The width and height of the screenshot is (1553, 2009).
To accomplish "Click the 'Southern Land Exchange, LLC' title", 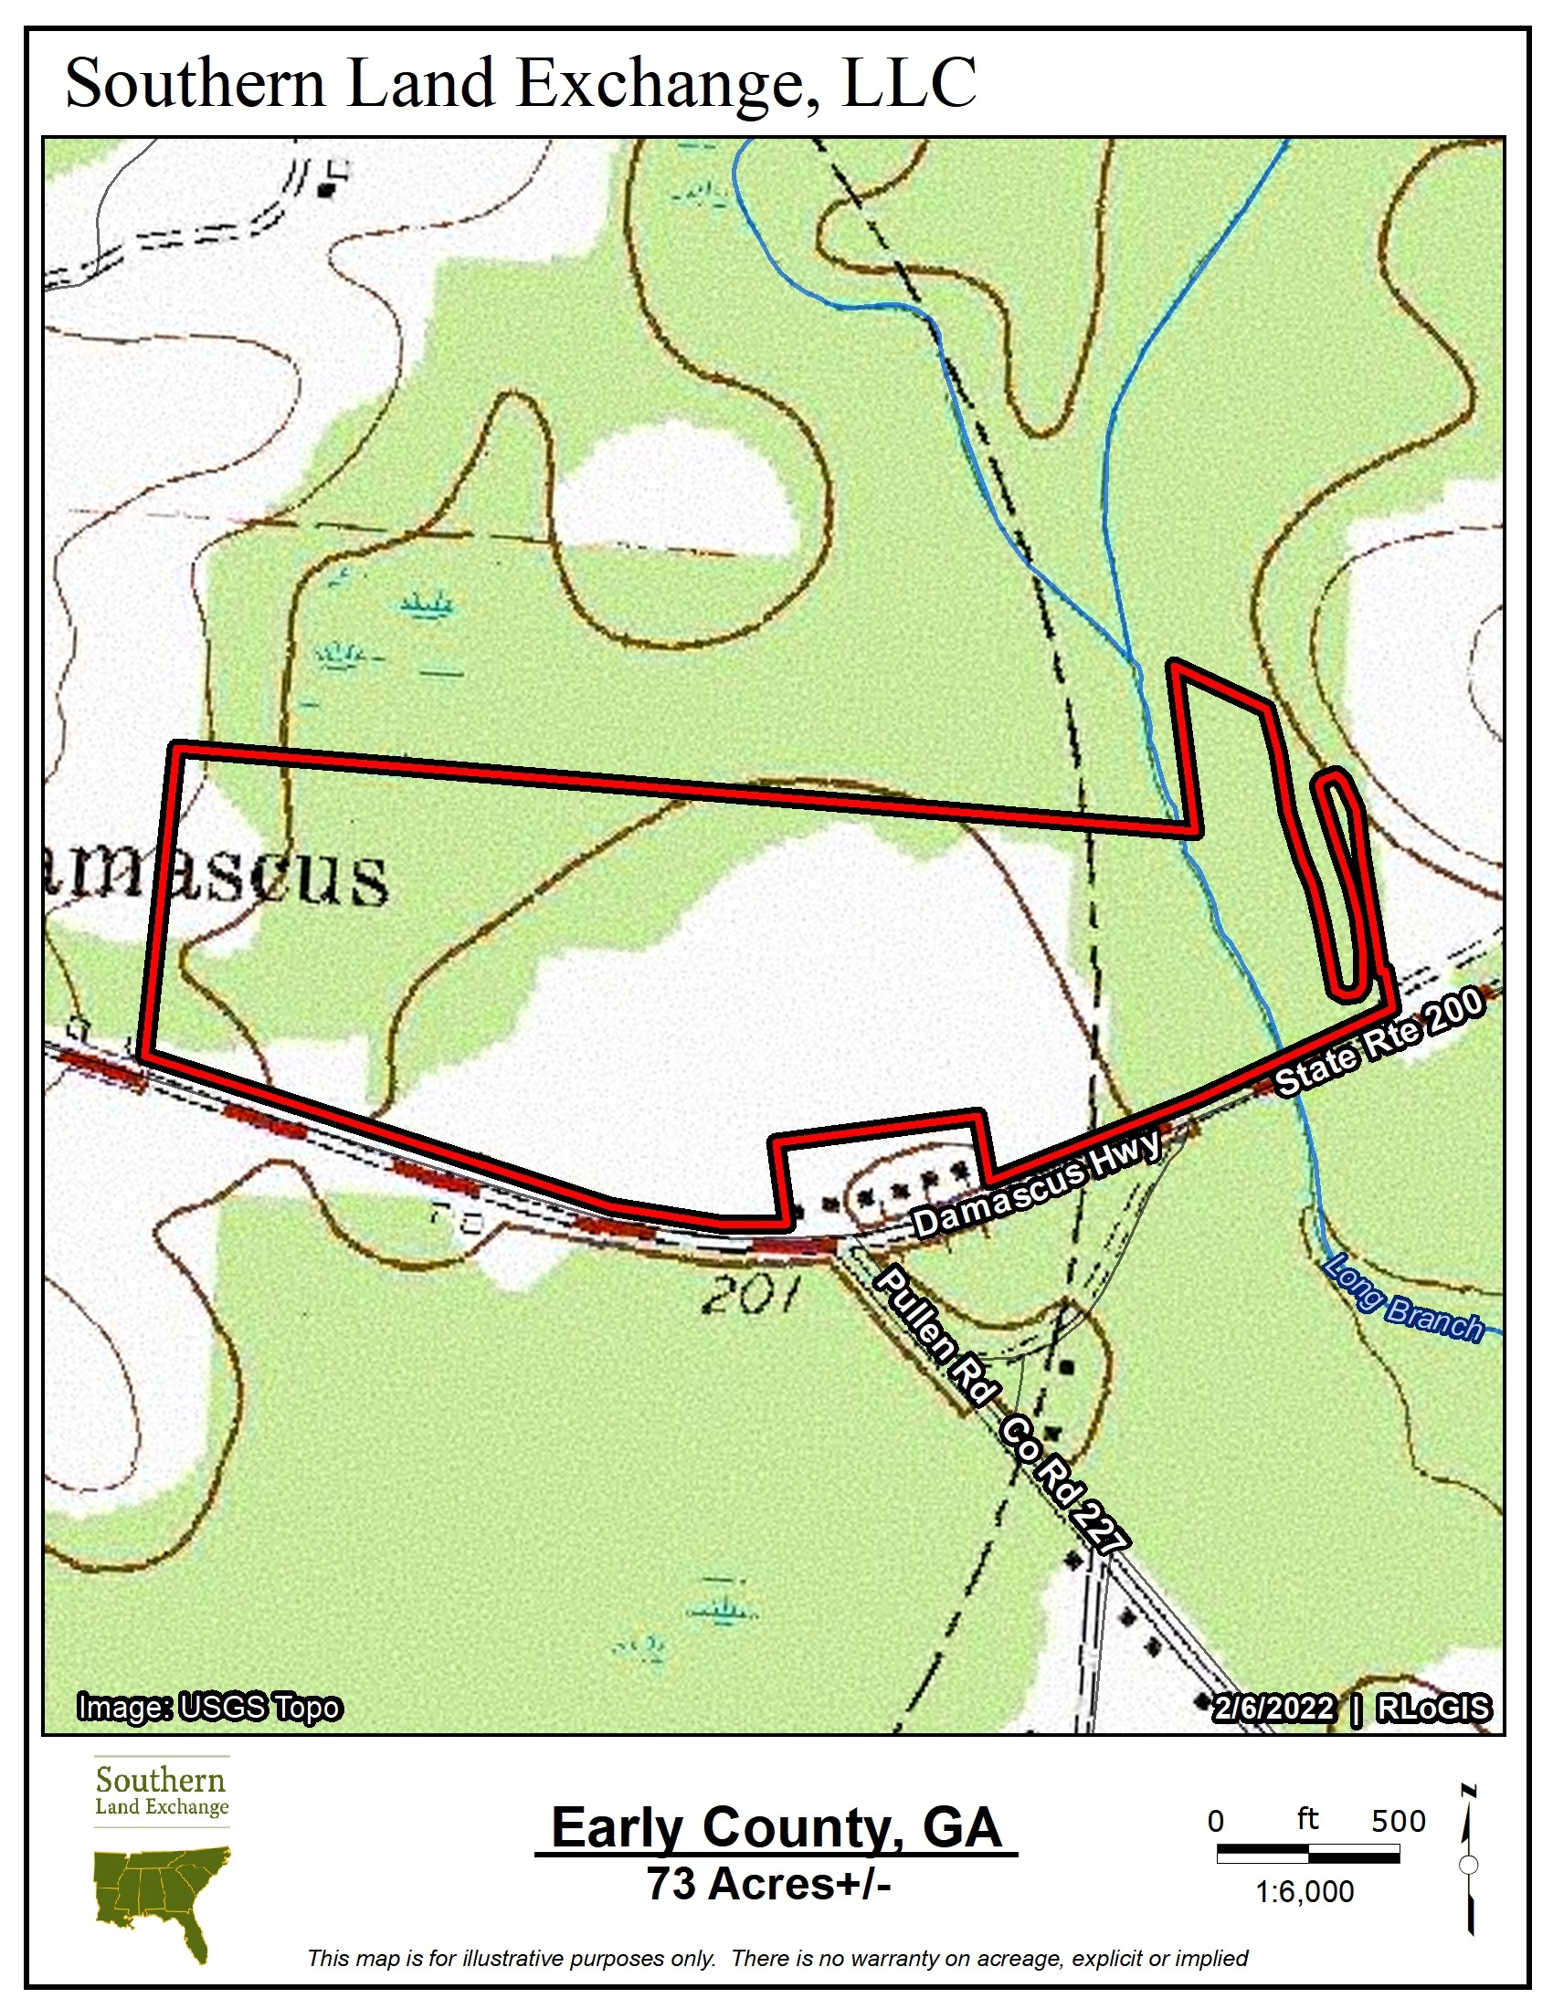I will (521, 83).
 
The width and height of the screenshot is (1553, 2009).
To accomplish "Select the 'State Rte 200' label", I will (1379, 1041).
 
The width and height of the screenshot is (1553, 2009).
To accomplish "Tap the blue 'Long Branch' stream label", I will (1402, 1299).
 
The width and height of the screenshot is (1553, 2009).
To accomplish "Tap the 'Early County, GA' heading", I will (776, 1828).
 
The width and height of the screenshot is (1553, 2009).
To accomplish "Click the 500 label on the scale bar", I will (1398, 1820).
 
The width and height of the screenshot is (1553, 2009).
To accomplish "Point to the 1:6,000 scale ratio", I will (1305, 1891).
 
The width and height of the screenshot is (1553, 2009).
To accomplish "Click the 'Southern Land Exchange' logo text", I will (161, 1789).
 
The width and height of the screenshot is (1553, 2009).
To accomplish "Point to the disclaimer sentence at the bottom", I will (776, 1958).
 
